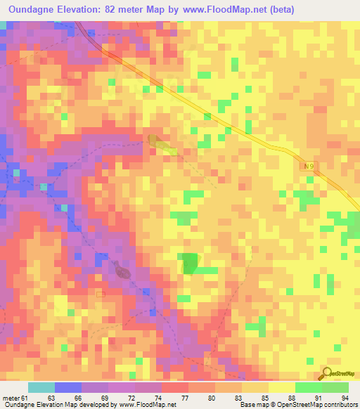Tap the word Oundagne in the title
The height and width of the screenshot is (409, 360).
[x=34, y=9]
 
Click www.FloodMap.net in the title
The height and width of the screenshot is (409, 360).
[x=223, y=9]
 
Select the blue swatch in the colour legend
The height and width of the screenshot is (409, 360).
[x=67, y=387]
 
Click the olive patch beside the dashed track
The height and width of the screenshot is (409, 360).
[x=164, y=145]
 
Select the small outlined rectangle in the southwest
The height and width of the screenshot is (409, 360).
[x=101, y=294]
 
